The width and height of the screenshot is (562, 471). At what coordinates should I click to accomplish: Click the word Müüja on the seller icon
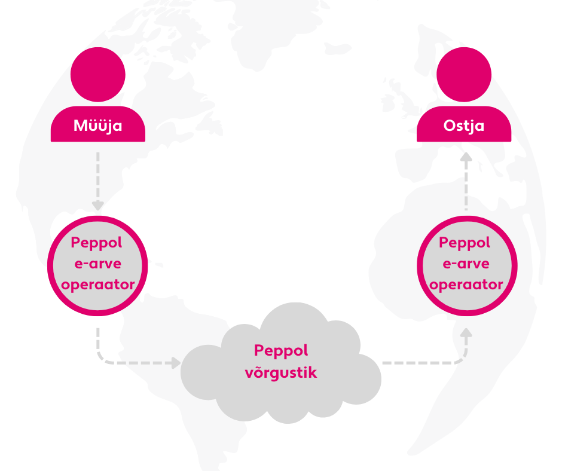(x=97, y=126)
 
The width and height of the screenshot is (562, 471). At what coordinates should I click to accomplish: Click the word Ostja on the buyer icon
(x=464, y=126)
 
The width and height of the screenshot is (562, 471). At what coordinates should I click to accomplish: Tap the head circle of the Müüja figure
(x=97, y=75)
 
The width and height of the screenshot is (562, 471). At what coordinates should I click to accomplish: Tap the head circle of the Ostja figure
(x=464, y=75)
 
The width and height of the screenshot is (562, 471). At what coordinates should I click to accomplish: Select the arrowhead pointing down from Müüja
(x=97, y=205)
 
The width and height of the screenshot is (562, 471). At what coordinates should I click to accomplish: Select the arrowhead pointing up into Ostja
(x=466, y=158)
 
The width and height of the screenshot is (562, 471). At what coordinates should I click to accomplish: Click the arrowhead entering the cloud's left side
(x=175, y=362)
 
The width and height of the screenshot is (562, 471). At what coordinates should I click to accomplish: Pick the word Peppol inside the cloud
(x=281, y=350)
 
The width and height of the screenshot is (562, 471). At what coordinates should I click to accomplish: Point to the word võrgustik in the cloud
(x=281, y=374)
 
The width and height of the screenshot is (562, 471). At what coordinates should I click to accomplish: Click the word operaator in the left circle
(x=97, y=285)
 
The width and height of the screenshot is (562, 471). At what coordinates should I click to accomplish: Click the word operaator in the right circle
(x=466, y=285)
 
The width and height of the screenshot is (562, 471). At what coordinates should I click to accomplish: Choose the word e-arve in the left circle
(x=97, y=264)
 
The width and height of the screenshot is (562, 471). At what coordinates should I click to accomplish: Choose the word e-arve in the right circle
(x=466, y=264)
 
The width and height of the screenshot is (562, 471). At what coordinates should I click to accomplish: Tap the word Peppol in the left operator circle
(x=97, y=243)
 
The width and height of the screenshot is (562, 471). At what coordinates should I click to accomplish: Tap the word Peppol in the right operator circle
(x=466, y=243)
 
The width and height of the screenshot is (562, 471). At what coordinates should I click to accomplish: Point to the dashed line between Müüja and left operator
(x=97, y=176)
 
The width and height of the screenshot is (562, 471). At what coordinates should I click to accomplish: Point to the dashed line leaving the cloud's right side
(x=419, y=362)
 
